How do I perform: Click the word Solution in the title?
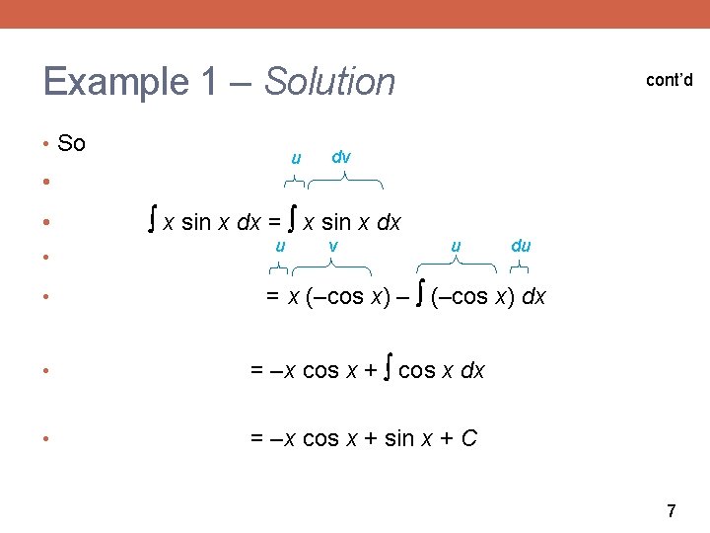point(329,81)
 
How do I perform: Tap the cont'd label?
point(669,80)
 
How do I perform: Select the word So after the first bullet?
point(72,144)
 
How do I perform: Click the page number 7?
point(672,511)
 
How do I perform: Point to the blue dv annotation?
point(341,156)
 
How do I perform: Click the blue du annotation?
point(521,246)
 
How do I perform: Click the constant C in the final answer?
point(468,437)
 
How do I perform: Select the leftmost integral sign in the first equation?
point(152,221)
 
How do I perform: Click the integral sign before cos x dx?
point(389,370)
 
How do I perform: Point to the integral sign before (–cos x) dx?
point(421,295)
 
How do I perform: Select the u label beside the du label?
point(456,246)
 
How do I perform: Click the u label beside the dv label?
point(295,159)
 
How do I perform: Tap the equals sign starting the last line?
point(256,437)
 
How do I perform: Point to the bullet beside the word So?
point(47,145)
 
